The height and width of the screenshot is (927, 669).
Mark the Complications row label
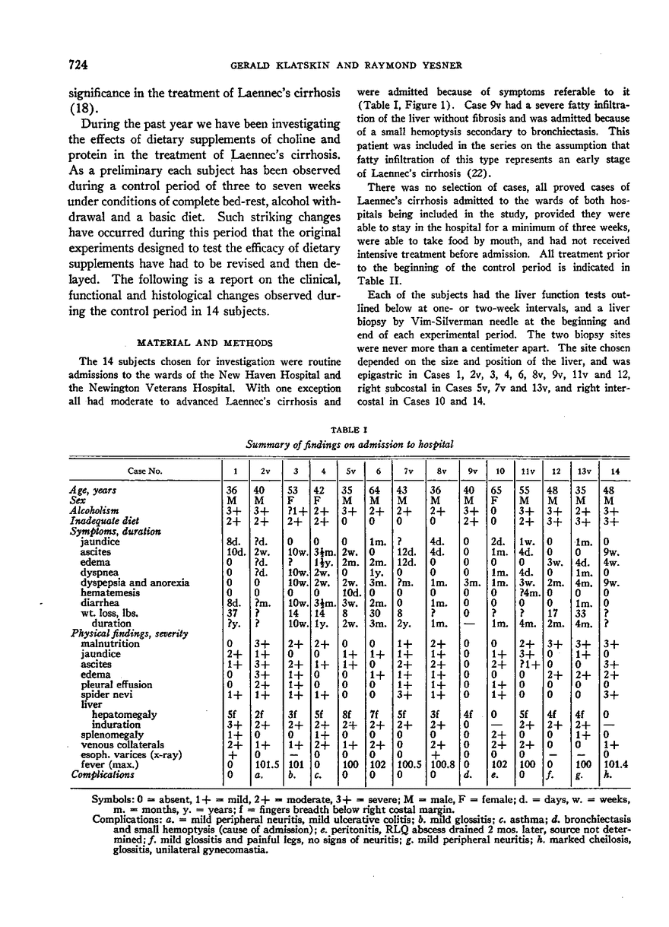coord(103,775)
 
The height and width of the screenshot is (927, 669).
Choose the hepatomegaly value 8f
coord(350,715)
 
